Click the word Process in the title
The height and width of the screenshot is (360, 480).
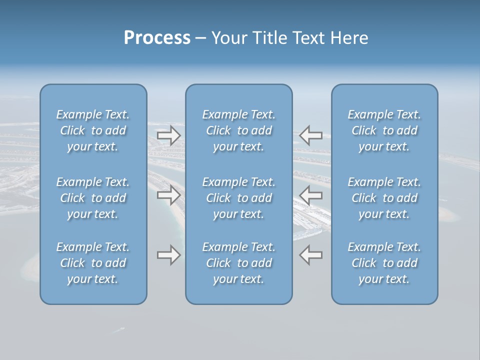click(x=157, y=37)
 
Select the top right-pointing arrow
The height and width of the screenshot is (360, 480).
click(x=168, y=135)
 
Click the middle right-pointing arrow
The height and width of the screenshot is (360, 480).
click(x=168, y=194)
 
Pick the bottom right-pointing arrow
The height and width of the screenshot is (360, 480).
click(x=168, y=255)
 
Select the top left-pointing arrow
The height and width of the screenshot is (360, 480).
click(x=311, y=135)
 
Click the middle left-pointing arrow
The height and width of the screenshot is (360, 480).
click(x=311, y=194)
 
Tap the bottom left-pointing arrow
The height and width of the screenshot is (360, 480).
click(x=311, y=255)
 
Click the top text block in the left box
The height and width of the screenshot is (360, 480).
click(x=93, y=130)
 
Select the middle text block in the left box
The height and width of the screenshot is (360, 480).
click(x=93, y=198)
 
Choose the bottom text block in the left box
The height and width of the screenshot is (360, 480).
click(x=93, y=263)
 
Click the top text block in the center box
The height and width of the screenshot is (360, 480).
click(x=239, y=130)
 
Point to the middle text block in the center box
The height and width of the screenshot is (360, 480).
click(x=239, y=198)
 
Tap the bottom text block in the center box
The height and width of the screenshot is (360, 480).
click(x=239, y=263)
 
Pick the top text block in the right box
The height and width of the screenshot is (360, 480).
click(x=384, y=130)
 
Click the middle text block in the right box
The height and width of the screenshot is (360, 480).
click(x=384, y=198)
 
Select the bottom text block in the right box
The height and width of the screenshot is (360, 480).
click(x=384, y=263)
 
